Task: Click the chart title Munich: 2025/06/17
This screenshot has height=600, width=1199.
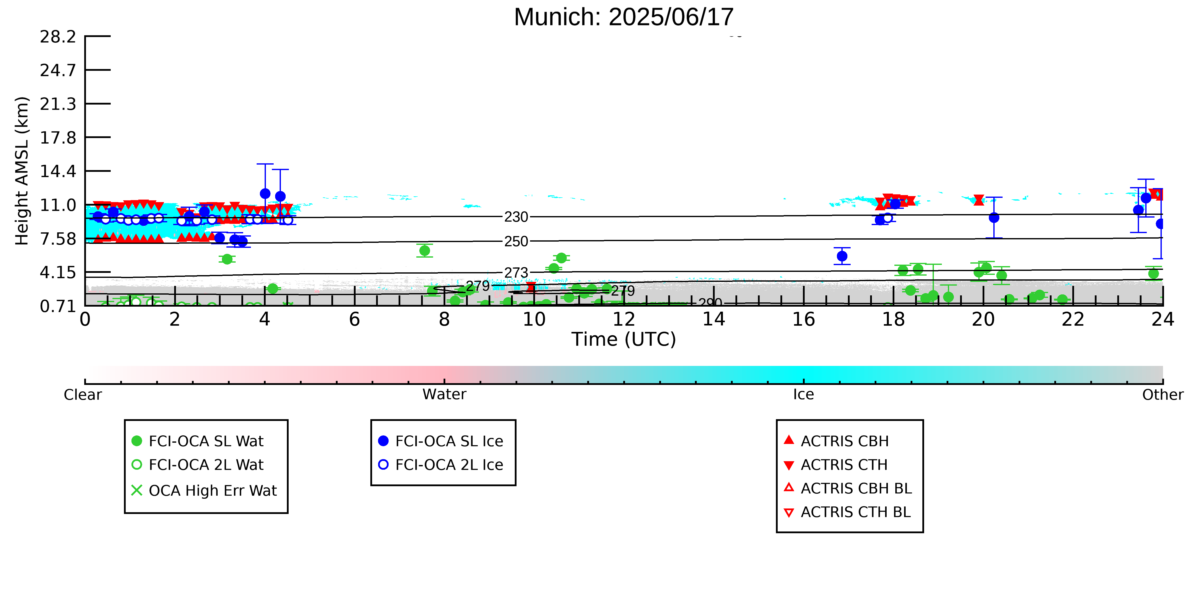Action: click(624, 17)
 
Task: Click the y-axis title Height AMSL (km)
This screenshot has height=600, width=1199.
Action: click(22, 171)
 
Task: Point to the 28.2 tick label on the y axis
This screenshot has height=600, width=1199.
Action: click(58, 36)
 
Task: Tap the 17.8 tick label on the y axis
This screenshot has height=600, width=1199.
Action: click(58, 137)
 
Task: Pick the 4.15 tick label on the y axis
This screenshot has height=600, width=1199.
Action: click(58, 272)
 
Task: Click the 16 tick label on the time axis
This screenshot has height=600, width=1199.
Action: click(804, 320)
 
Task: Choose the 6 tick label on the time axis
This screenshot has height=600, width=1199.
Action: click(355, 320)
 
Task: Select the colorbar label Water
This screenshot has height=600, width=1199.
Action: click(445, 395)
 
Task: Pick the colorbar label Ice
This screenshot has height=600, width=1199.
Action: click(804, 395)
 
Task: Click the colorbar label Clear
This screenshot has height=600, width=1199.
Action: click(83, 395)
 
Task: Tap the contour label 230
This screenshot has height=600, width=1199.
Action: click(516, 217)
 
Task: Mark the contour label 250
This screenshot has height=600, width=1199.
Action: click(516, 241)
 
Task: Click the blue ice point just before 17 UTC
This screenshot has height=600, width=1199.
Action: click(842, 256)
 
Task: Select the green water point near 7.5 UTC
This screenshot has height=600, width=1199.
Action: click(425, 251)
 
